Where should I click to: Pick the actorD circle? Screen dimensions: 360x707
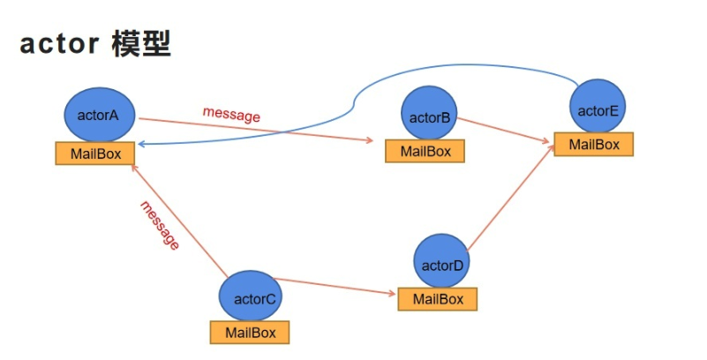(x=441, y=262)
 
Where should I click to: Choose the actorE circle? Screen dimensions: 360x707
(x=597, y=109)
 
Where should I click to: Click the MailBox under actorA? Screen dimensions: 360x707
(x=95, y=154)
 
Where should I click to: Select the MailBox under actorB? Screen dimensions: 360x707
(x=425, y=151)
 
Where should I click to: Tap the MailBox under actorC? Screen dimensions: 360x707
(x=250, y=333)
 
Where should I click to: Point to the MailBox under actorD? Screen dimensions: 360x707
(x=437, y=299)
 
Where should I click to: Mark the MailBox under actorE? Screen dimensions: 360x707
(x=593, y=145)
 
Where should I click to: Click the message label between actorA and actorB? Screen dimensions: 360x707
(x=231, y=115)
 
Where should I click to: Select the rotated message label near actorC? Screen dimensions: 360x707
(x=160, y=225)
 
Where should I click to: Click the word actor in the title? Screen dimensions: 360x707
(x=58, y=46)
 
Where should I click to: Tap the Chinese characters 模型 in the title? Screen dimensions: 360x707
(x=140, y=45)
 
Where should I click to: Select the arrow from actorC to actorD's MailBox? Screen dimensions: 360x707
(x=335, y=287)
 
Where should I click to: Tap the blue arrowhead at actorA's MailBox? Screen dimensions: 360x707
(x=141, y=144)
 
